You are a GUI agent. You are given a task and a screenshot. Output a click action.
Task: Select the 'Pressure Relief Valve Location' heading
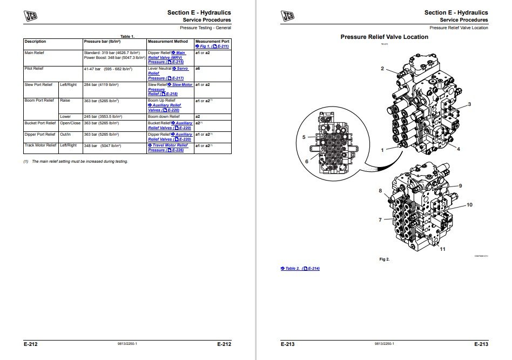coord(384,37)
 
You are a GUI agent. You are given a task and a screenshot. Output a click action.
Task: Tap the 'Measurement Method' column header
coord(167,41)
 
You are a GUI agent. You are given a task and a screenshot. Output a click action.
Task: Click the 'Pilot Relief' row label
coord(34,69)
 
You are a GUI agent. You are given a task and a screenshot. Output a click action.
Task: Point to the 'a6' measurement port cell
coord(198,69)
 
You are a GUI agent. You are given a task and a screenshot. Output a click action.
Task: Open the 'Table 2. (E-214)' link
coord(300,269)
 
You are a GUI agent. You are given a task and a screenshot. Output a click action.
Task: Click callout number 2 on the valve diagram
coord(382,69)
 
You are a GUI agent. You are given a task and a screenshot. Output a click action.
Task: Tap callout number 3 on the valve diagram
coord(469,104)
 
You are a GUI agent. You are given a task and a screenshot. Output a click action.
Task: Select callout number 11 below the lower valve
coord(442,249)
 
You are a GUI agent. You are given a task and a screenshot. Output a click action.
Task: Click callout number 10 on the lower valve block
coord(469,205)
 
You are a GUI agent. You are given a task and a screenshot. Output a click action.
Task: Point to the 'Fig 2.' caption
coord(385,259)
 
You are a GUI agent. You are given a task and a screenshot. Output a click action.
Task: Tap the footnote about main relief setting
coord(76,162)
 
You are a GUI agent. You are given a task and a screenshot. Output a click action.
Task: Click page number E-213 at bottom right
coord(481,344)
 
